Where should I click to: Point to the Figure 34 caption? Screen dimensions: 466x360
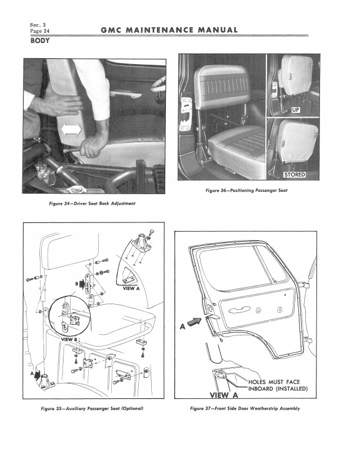92,204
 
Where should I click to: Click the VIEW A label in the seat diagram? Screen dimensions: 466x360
132,289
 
